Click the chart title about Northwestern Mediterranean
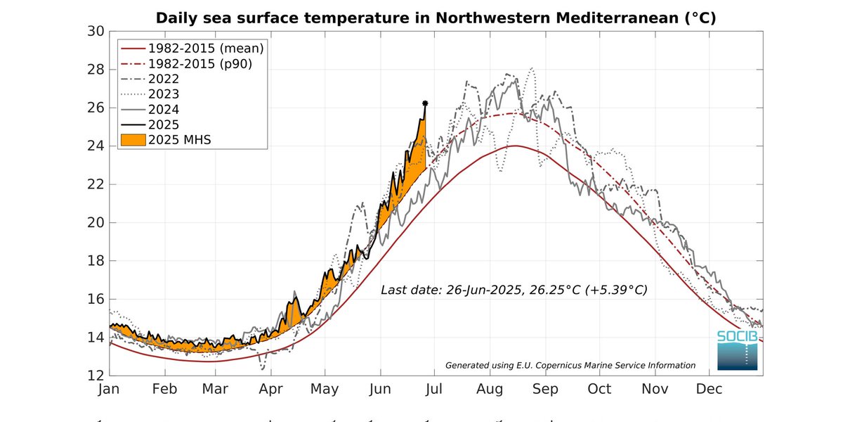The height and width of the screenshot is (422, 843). [x=436, y=18]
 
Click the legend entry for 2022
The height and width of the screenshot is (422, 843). [x=163, y=79]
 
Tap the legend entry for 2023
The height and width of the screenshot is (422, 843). [x=163, y=94]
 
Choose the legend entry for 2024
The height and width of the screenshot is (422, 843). [x=163, y=109]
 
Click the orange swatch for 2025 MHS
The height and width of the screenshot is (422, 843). [x=131, y=139]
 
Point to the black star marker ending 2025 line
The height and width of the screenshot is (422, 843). [x=425, y=103]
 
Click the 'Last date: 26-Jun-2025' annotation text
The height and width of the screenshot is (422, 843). [x=514, y=290]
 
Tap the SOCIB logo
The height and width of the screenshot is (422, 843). [x=737, y=350]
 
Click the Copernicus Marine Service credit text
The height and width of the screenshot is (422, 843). [x=570, y=365]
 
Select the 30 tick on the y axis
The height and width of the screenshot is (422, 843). [x=96, y=32]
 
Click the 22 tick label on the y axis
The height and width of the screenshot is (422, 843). [x=96, y=184]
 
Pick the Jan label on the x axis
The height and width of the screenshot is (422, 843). [x=110, y=389]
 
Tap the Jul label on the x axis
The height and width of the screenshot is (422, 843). [x=434, y=389]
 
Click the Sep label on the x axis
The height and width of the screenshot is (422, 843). [x=545, y=389]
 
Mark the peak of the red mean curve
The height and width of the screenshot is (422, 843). [x=516, y=146]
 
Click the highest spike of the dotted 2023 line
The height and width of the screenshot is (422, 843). [x=532, y=68]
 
